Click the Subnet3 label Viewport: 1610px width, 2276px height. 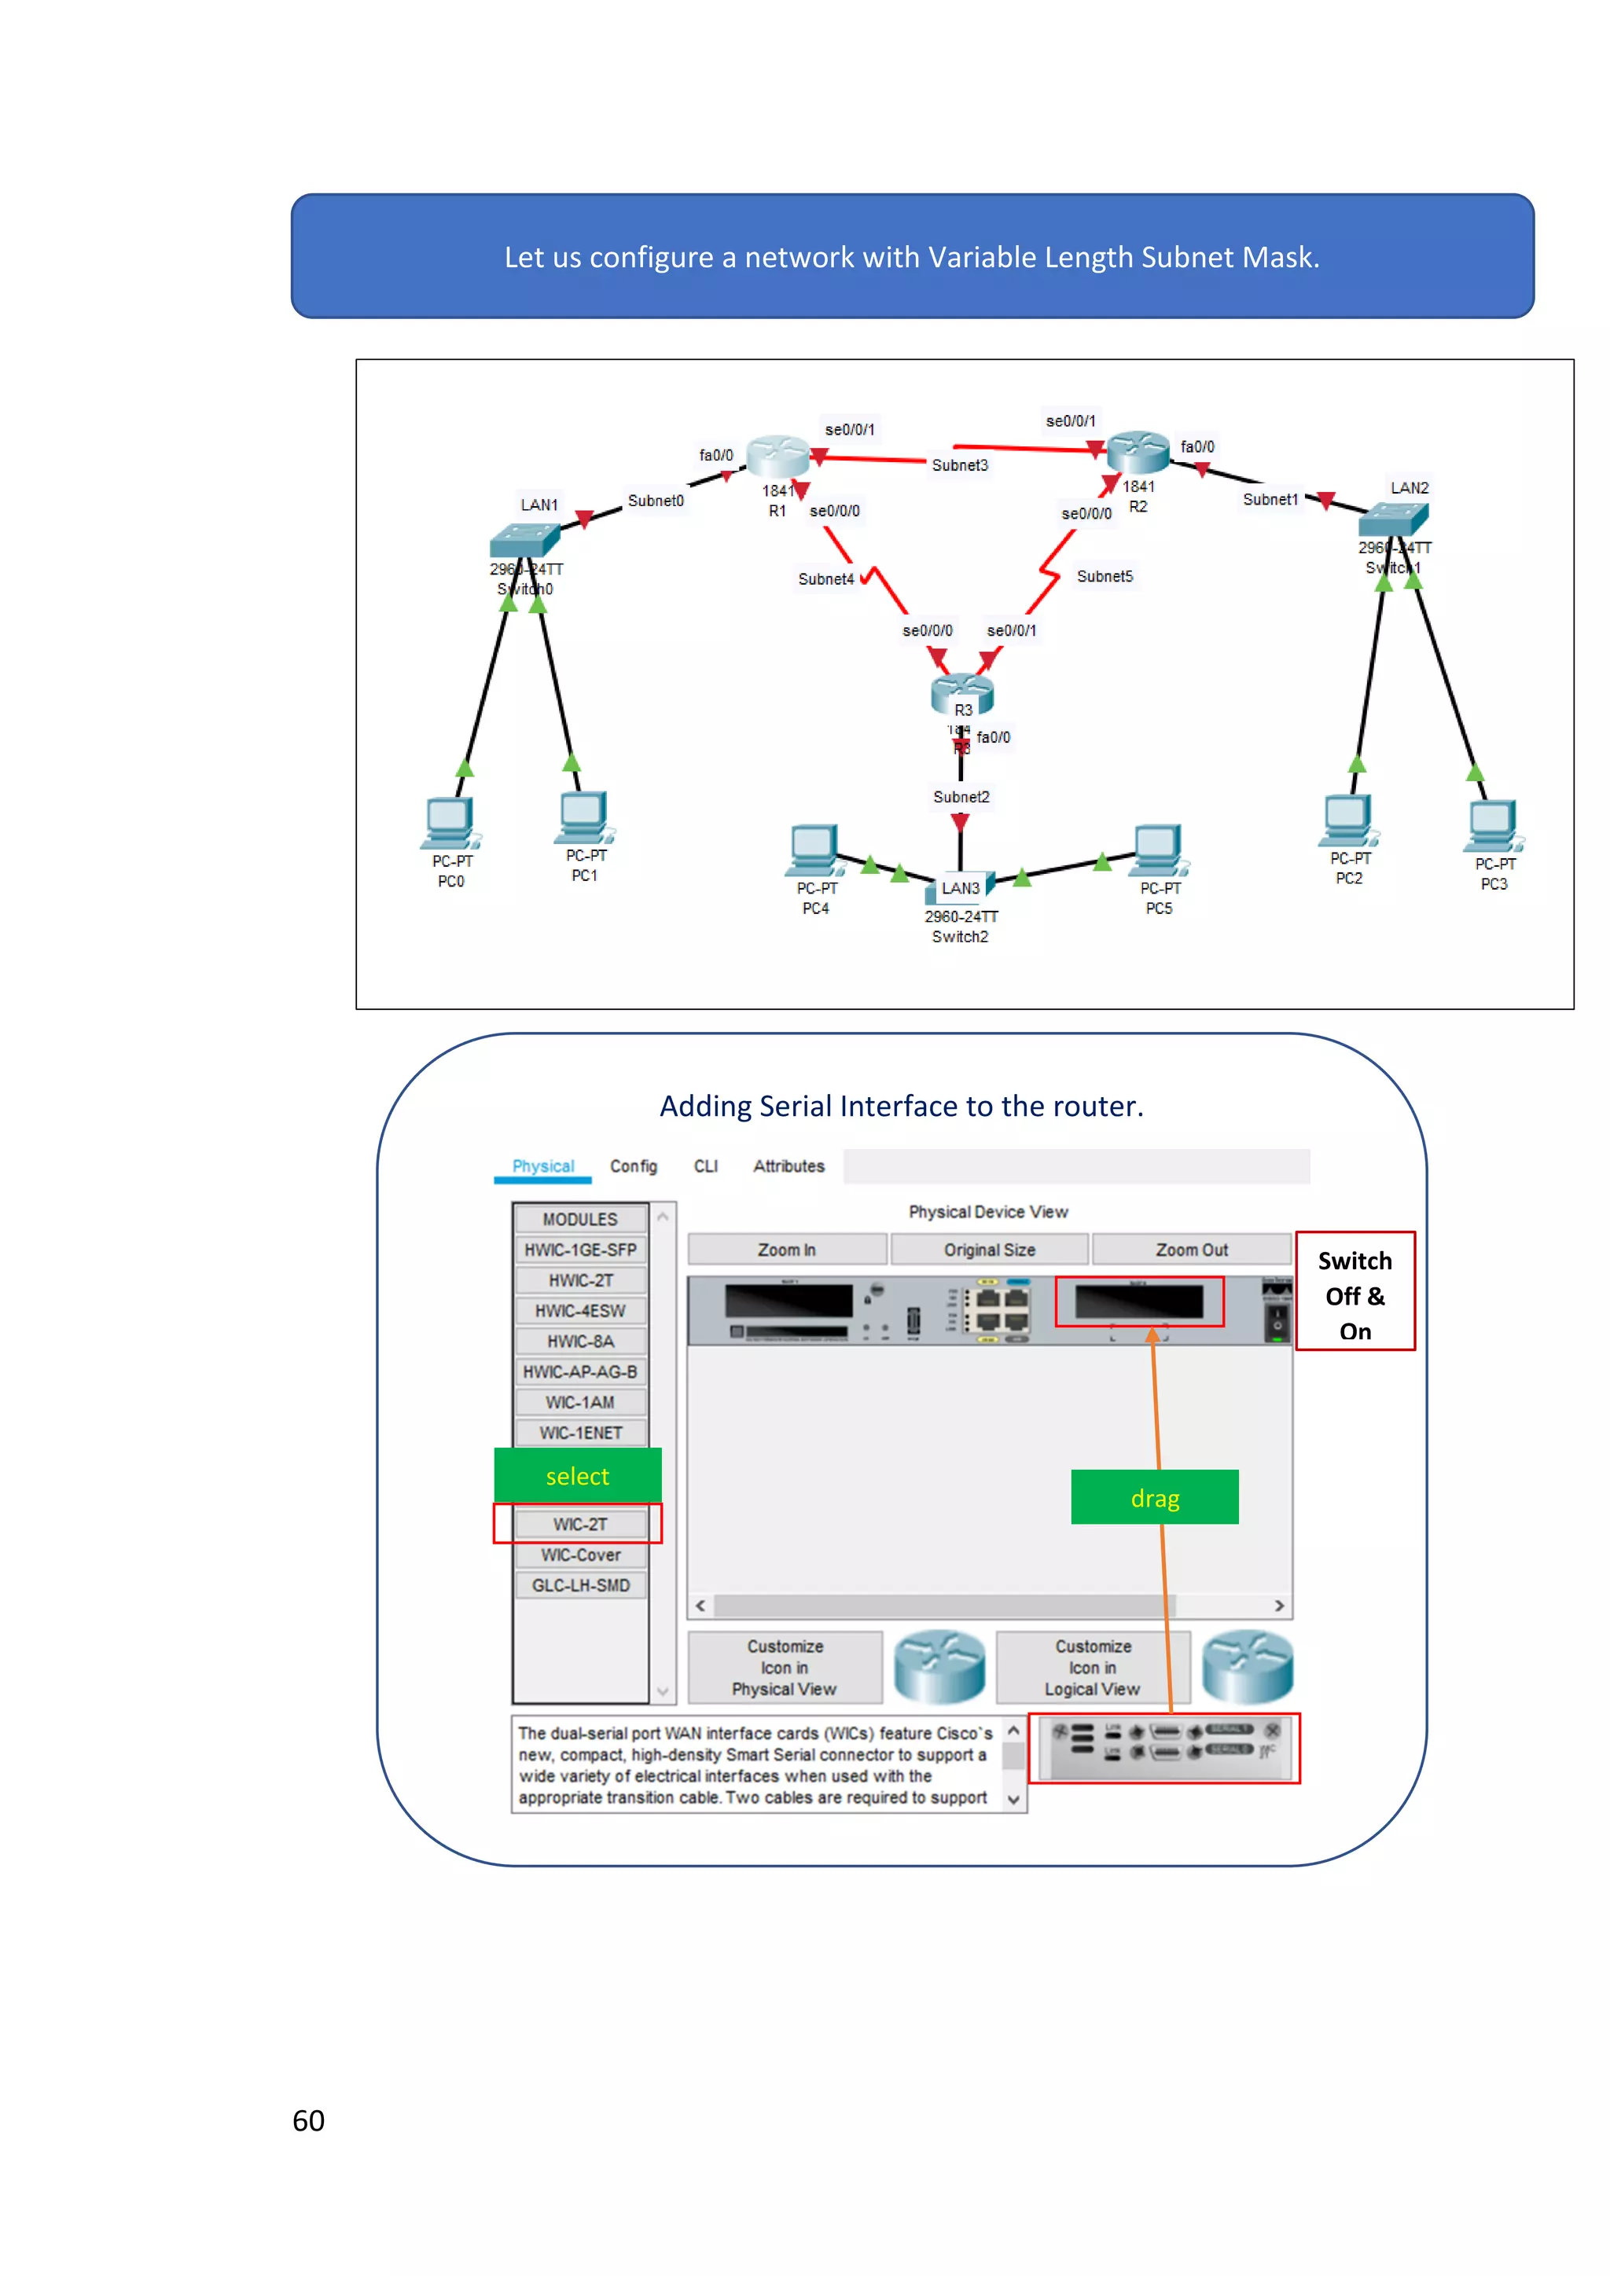click(958, 465)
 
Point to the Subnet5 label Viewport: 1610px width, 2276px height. click(1104, 576)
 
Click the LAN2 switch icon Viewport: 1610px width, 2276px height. click(1393, 519)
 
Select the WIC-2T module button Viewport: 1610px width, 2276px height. click(580, 1524)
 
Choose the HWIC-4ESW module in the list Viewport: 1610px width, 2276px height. click(580, 1310)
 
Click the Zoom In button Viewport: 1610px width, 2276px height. click(786, 1249)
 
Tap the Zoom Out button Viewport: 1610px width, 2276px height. click(1191, 1249)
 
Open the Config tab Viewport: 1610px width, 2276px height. click(633, 1166)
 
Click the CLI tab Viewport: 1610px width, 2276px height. click(705, 1166)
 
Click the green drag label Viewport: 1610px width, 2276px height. click(1154, 1497)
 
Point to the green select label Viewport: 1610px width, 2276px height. click(577, 1475)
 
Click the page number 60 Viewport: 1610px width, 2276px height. click(308, 2120)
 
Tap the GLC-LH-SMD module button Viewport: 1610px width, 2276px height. click(580, 1585)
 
